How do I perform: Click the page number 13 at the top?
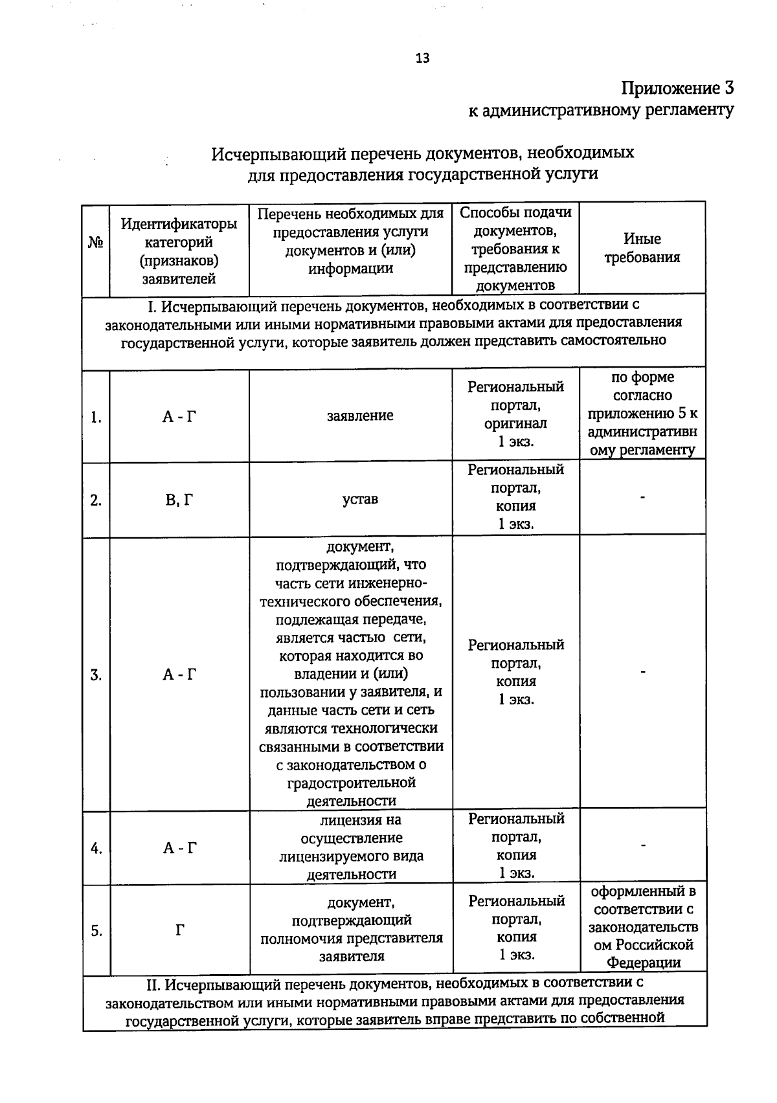[x=422, y=58]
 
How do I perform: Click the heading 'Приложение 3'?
[x=677, y=88]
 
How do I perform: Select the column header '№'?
[x=96, y=243]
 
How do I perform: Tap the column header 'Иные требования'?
[x=642, y=248]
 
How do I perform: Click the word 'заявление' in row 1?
[x=360, y=416]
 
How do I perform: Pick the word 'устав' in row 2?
[x=360, y=499]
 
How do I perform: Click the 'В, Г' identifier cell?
[x=179, y=500]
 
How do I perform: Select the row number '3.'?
[x=96, y=675]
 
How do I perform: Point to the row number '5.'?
[x=96, y=931]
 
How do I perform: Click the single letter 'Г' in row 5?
[x=179, y=931]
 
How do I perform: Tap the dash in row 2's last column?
[x=642, y=497]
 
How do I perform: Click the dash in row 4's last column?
[x=642, y=845]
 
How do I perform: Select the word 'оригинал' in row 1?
[x=515, y=423]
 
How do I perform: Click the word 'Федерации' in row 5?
[x=643, y=963]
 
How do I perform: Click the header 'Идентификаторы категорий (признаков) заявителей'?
[x=179, y=251]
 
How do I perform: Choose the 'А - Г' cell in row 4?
[x=179, y=848]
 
